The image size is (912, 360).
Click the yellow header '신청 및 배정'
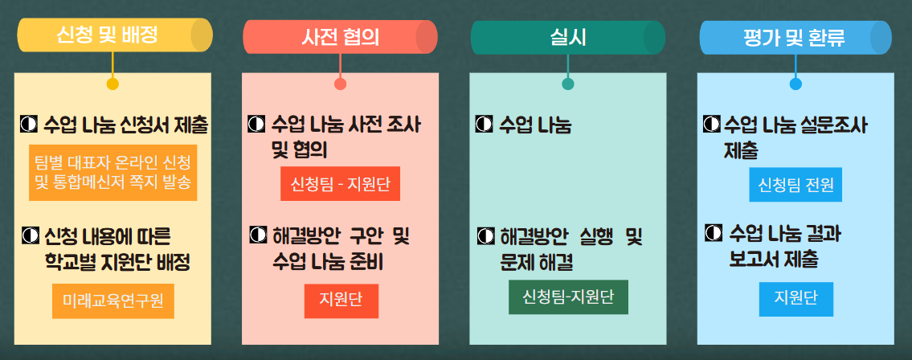point(115,35)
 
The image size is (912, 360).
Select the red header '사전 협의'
point(340,37)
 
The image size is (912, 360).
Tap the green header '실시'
point(567,38)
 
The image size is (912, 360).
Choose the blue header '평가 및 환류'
point(795,38)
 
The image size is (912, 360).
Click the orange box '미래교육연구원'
point(112,301)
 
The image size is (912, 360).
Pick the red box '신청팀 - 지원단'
point(340,184)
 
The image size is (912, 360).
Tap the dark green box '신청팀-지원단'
point(568,297)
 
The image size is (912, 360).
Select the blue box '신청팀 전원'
point(795,185)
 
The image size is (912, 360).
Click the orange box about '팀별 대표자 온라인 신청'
point(112,173)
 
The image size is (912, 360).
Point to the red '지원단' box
point(341,301)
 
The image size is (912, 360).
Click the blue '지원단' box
point(795,299)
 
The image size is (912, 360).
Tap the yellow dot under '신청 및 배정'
point(112,84)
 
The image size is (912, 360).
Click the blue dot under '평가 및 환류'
point(795,84)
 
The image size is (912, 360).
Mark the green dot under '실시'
point(568,84)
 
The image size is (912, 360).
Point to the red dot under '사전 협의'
point(340,84)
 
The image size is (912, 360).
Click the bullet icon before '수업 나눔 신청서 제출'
point(28,124)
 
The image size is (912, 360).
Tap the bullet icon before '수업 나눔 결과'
point(713,232)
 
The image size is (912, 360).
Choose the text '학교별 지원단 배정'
point(117,263)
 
